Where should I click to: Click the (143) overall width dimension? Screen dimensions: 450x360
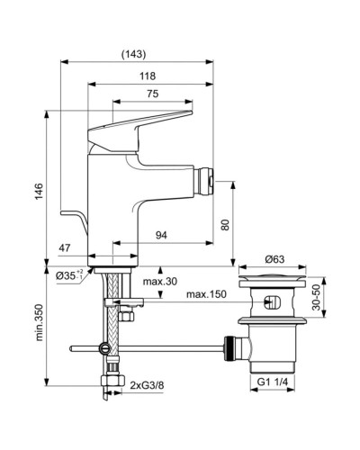click(x=137, y=53)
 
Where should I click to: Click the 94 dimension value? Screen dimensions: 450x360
click(x=161, y=236)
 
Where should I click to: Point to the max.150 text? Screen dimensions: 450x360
click(x=207, y=294)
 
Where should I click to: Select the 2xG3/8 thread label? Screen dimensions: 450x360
click(x=148, y=388)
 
